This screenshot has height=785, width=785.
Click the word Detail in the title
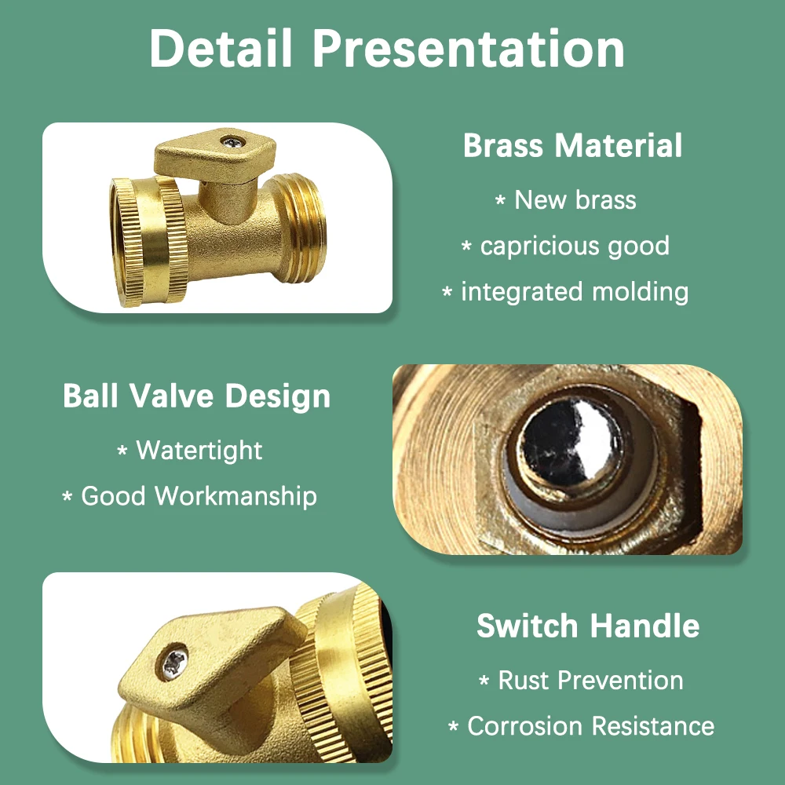[x=221, y=48]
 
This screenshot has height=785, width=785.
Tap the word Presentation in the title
[x=469, y=48]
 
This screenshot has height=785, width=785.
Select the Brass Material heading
[x=572, y=146]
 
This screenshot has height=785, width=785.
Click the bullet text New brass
[x=575, y=199]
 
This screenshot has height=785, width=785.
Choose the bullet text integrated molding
[x=575, y=292]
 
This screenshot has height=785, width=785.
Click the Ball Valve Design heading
[x=197, y=396]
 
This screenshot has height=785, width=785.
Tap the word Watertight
[x=199, y=450]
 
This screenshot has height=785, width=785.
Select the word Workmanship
[x=235, y=496]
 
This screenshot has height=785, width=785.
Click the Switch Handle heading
[x=588, y=626]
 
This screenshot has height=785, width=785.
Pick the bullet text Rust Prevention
[x=591, y=681]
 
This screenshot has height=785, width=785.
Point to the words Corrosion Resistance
[x=591, y=726]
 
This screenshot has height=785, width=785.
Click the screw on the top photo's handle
[x=233, y=143]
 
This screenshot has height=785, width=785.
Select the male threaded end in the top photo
[x=301, y=228]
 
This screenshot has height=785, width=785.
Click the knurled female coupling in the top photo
[x=148, y=241]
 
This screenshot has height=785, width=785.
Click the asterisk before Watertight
[x=122, y=451]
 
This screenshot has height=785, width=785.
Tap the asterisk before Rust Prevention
[x=484, y=681]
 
